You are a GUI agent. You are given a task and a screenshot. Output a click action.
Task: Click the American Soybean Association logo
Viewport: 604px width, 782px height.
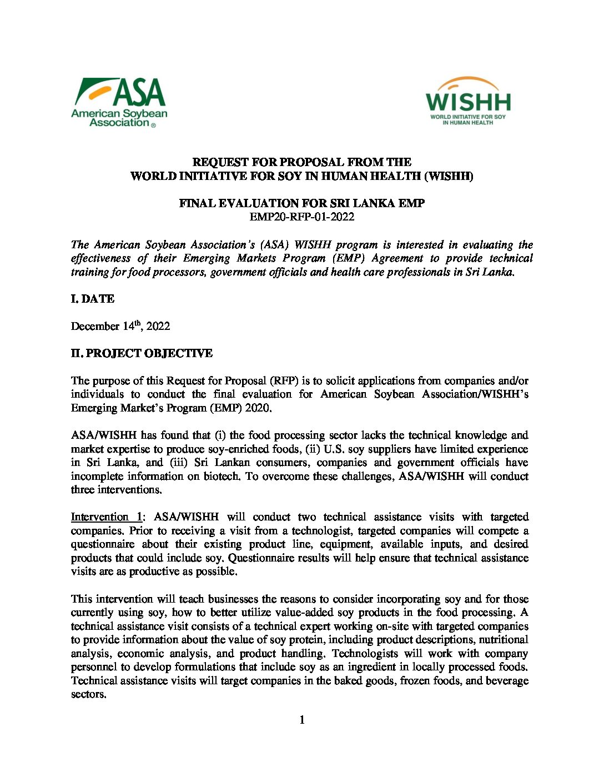(x=119, y=102)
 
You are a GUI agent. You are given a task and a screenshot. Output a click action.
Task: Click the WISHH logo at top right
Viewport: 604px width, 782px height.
(x=468, y=101)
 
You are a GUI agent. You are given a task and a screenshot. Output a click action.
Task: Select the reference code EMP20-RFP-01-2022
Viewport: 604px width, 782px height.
(x=301, y=217)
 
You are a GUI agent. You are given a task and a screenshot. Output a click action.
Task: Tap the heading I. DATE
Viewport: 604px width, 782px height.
(x=92, y=299)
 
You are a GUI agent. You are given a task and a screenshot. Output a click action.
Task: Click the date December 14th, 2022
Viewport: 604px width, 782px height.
(x=120, y=326)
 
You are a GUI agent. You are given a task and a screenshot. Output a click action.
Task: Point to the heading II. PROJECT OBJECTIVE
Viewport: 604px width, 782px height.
(x=142, y=353)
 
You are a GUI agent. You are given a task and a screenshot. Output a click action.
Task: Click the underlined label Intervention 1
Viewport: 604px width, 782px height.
(x=107, y=517)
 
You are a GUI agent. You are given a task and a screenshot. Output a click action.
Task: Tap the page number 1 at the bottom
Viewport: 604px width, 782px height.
(x=302, y=720)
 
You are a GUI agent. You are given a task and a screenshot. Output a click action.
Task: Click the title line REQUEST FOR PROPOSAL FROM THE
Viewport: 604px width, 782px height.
(x=301, y=162)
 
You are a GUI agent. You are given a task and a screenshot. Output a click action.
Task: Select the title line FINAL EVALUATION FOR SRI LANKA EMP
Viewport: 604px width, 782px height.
(x=301, y=203)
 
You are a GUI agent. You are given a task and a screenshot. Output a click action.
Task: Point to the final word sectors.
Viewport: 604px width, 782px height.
(x=88, y=694)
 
